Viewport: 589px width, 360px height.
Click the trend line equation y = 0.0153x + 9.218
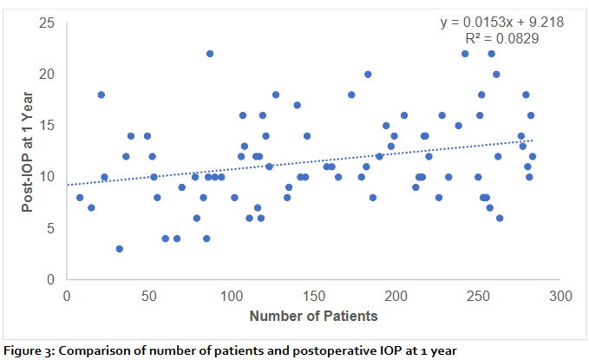coord(503,22)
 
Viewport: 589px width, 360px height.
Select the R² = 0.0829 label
coord(503,38)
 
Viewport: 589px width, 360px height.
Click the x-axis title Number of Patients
coord(313,316)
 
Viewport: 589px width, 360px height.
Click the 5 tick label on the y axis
coord(52,229)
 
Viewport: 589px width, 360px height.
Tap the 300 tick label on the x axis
coord(560,296)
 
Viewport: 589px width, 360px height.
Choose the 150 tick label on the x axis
coord(313,296)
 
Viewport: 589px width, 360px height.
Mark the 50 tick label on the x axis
coord(148,296)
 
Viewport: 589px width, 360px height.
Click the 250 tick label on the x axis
coord(478,296)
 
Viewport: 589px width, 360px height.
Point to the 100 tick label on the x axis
coord(231,296)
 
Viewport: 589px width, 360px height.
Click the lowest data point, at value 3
coord(119,249)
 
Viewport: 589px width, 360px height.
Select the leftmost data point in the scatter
coord(80,198)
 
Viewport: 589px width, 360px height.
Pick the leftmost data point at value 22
coord(210,53)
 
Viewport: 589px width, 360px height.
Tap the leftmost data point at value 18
coord(101,95)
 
